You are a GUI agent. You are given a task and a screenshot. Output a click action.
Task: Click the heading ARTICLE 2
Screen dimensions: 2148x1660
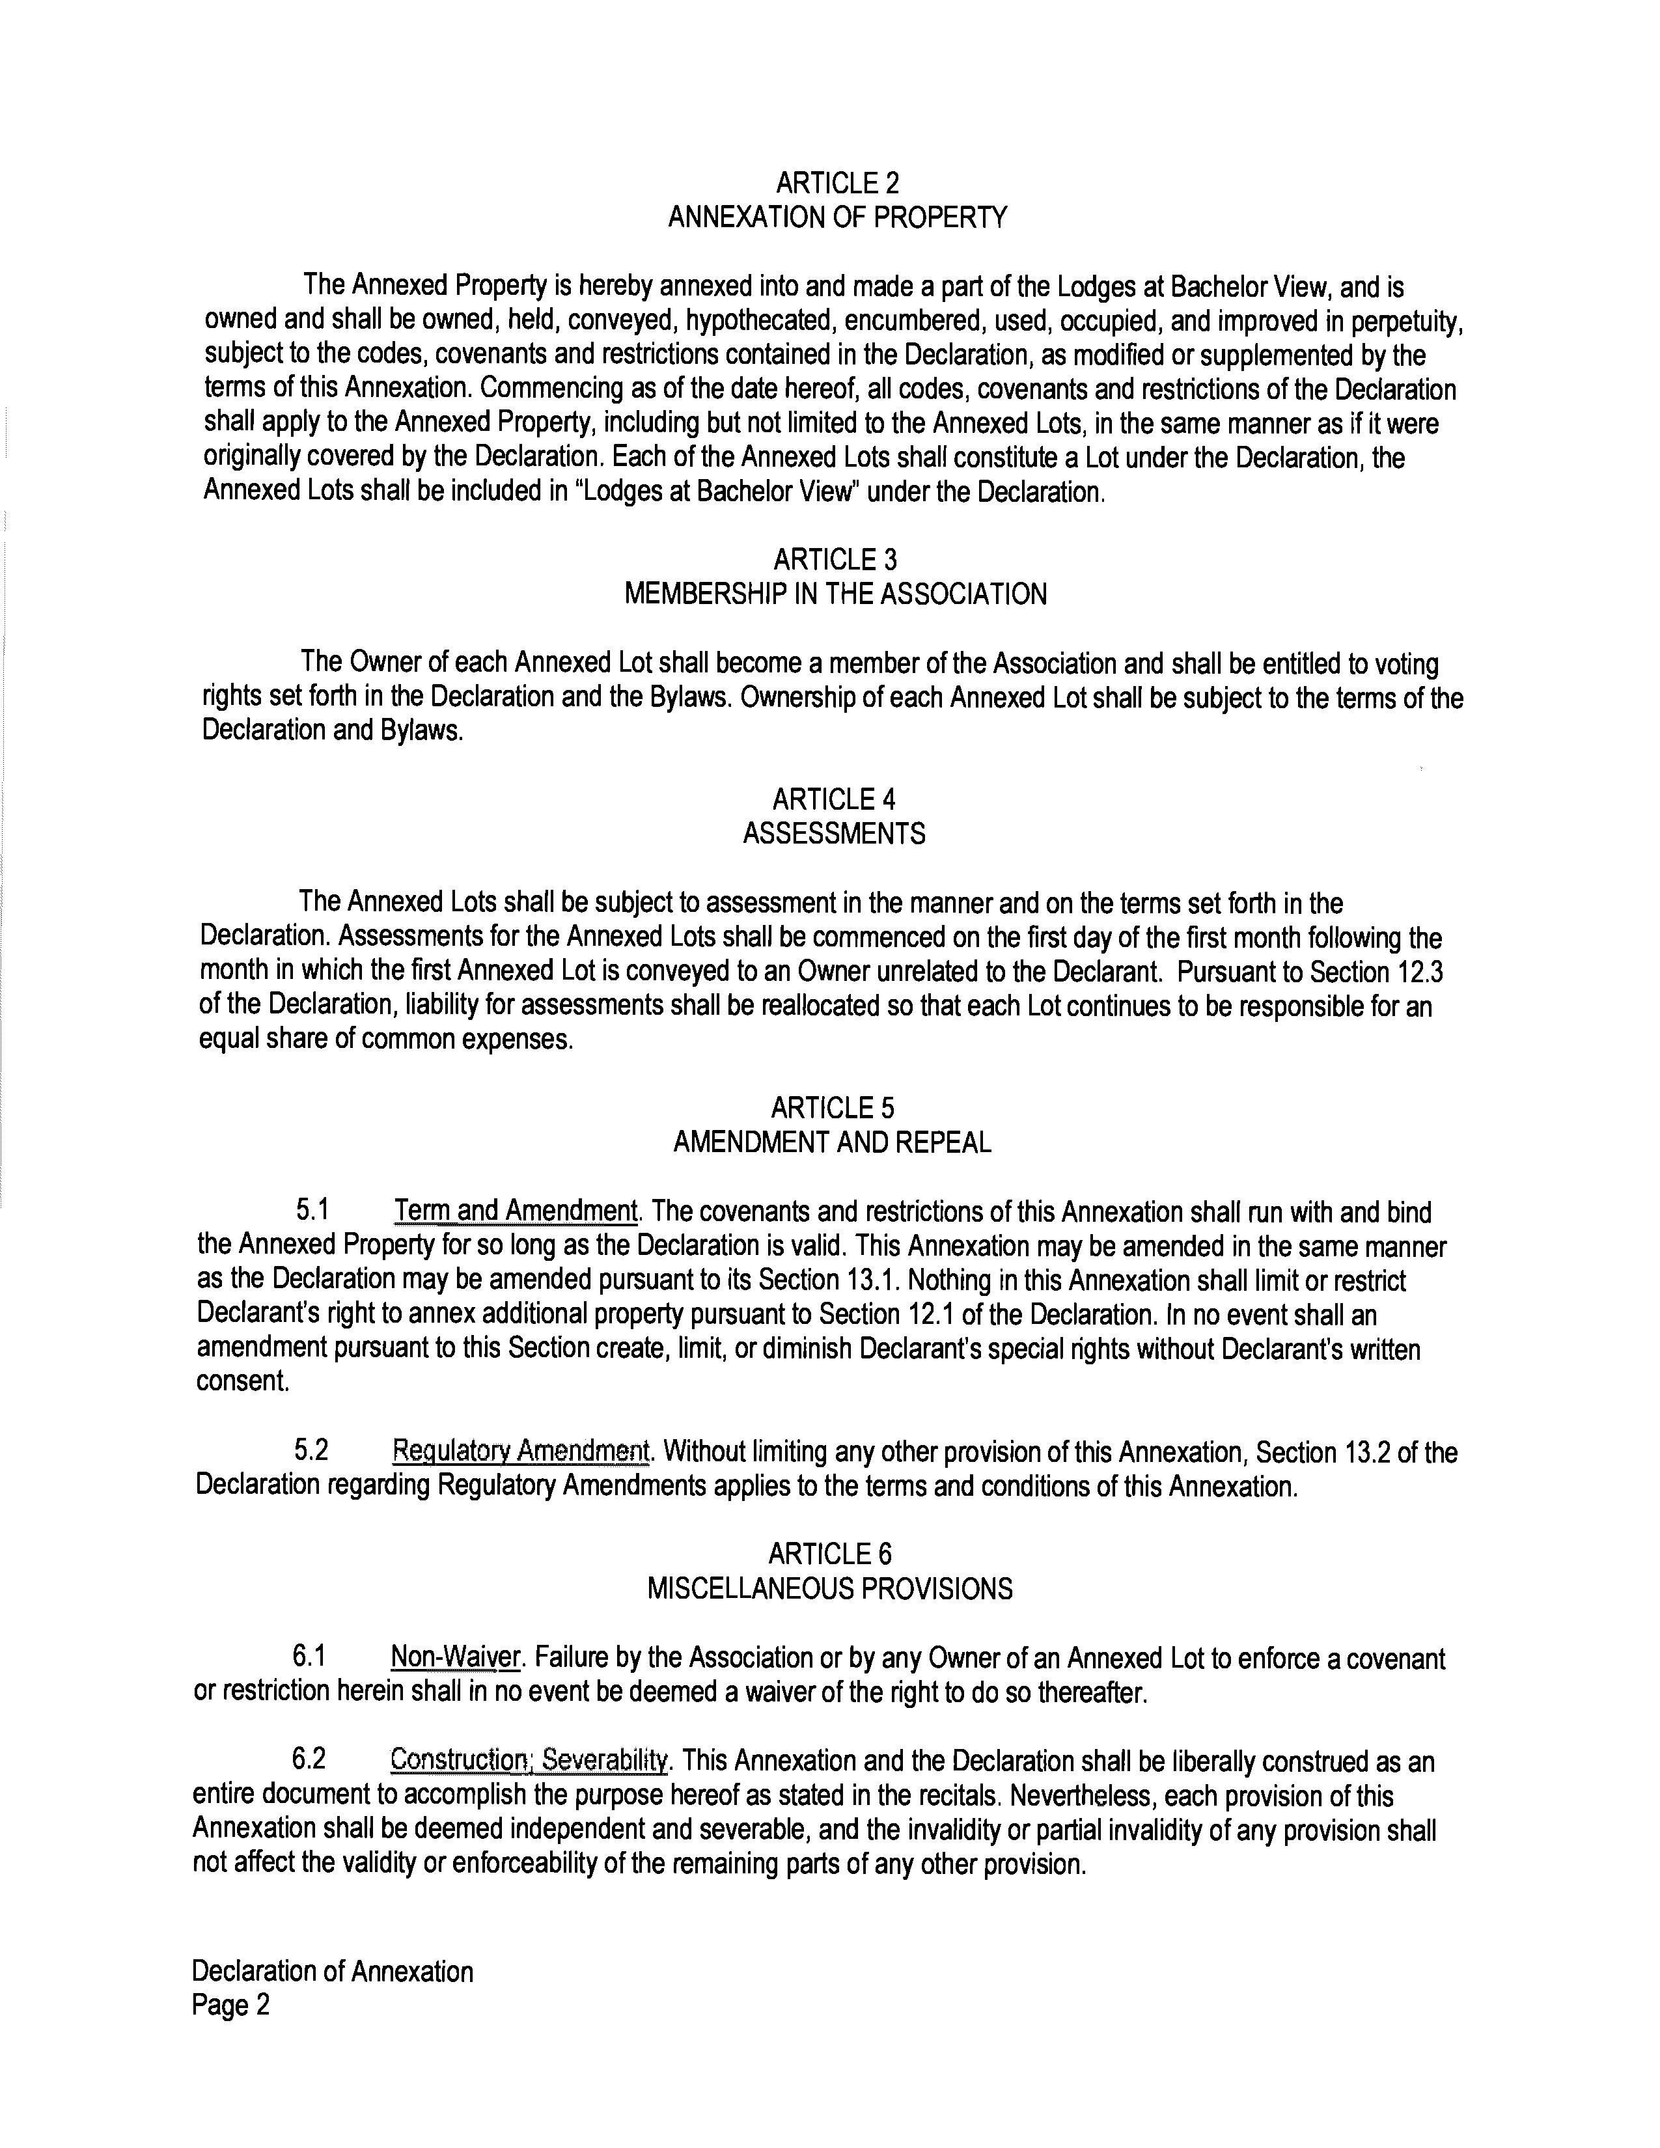[837, 183]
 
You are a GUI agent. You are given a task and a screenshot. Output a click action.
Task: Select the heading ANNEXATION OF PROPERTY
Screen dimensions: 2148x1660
[837, 217]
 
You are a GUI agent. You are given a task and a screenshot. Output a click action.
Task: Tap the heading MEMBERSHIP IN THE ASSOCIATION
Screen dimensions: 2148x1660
[835, 594]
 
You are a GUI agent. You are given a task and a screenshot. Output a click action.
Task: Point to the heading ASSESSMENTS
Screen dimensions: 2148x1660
[834, 834]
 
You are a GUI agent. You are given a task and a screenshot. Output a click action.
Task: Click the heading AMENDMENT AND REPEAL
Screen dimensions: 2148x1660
[832, 1142]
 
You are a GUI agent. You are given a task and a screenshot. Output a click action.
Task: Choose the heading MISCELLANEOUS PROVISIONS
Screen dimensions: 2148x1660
[829, 1590]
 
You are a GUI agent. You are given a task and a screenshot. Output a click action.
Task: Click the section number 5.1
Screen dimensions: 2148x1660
[312, 1210]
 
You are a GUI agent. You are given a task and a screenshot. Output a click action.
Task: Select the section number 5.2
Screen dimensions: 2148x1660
[311, 1451]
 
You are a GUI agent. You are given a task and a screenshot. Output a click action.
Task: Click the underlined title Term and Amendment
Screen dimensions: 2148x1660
[516, 1210]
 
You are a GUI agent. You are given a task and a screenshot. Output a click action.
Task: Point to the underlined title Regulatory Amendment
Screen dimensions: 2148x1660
[520, 1451]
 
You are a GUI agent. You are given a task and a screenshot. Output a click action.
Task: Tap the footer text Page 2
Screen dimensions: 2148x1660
[230, 2005]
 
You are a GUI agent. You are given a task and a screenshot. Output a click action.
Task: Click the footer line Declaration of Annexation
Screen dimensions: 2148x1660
[333, 1971]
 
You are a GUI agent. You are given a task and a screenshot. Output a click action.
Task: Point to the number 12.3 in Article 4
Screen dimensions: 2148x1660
[1420, 972]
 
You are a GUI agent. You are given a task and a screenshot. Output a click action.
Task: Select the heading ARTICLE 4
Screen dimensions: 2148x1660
[834, 799]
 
